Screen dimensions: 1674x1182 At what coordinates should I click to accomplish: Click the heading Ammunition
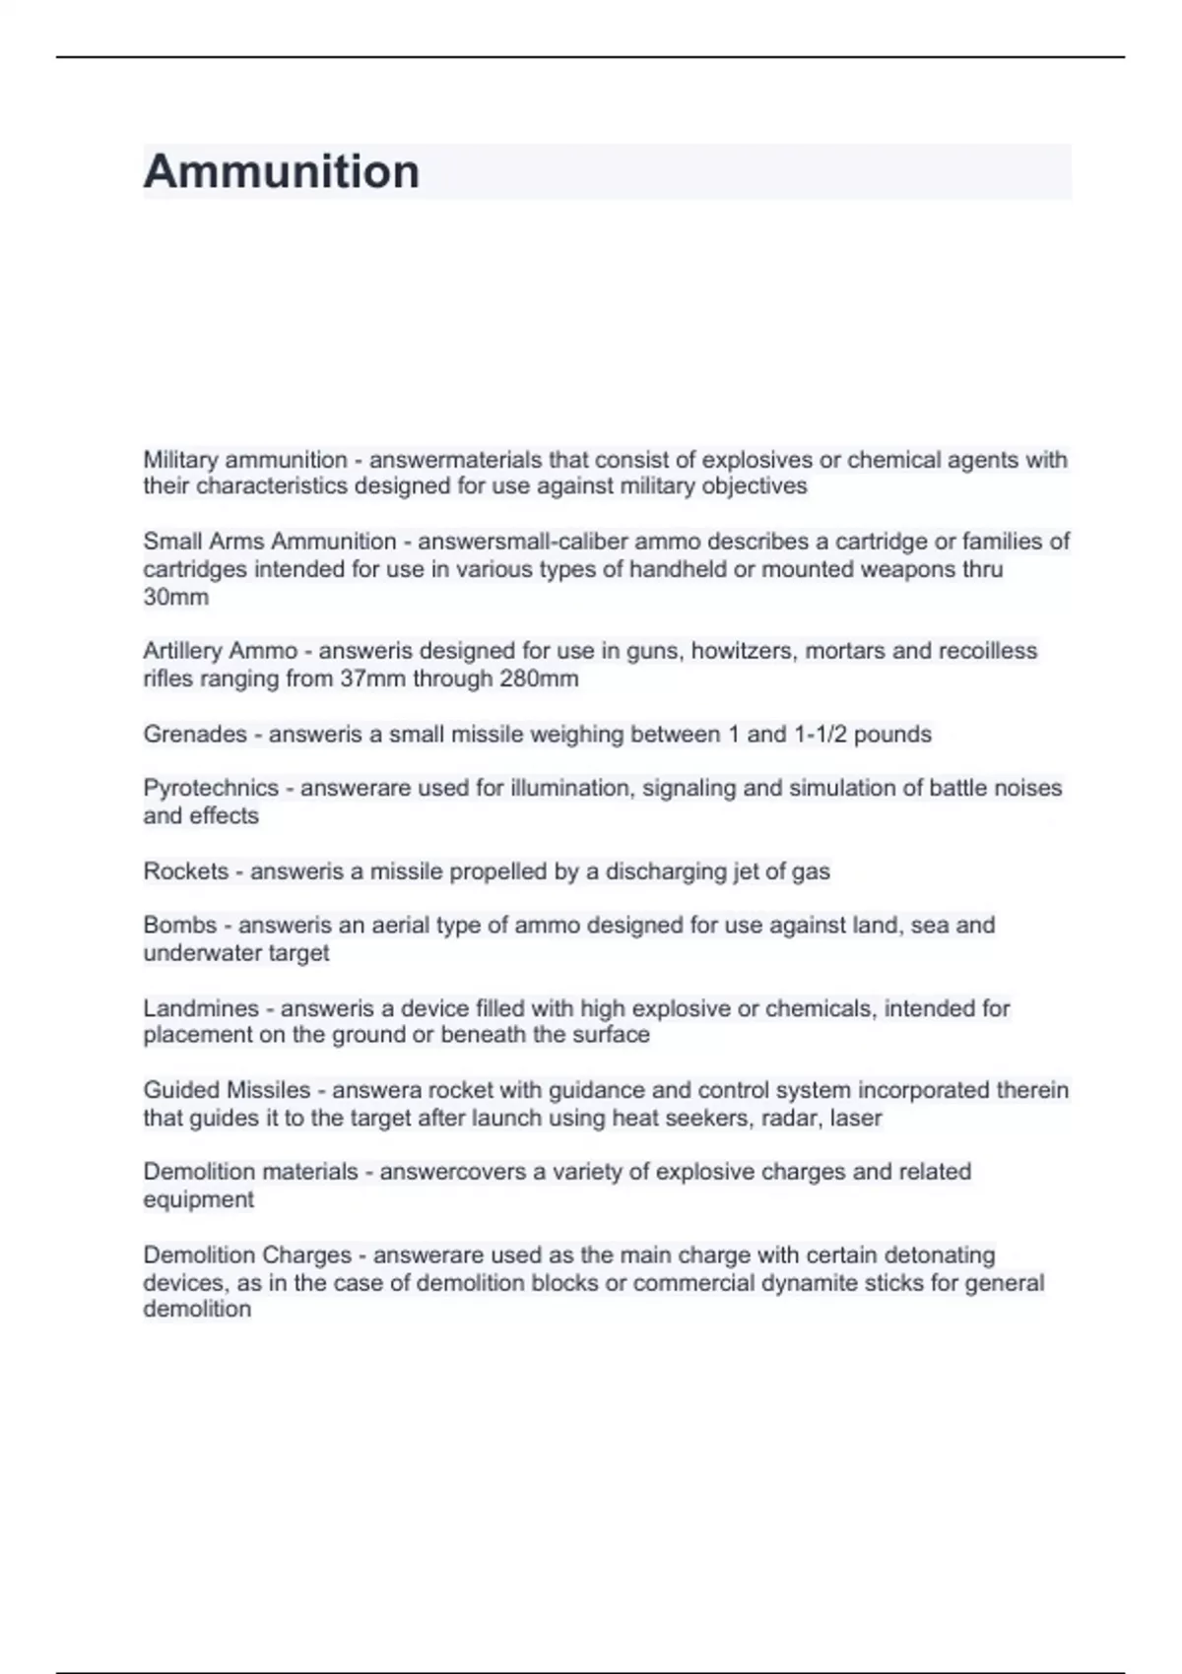tap(282, 171)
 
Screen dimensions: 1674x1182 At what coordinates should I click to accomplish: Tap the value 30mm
tap(175, 597)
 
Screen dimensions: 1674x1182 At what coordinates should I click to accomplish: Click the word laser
tap(856, 1118)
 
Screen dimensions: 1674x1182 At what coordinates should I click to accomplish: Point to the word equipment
tap(198, 1199)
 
